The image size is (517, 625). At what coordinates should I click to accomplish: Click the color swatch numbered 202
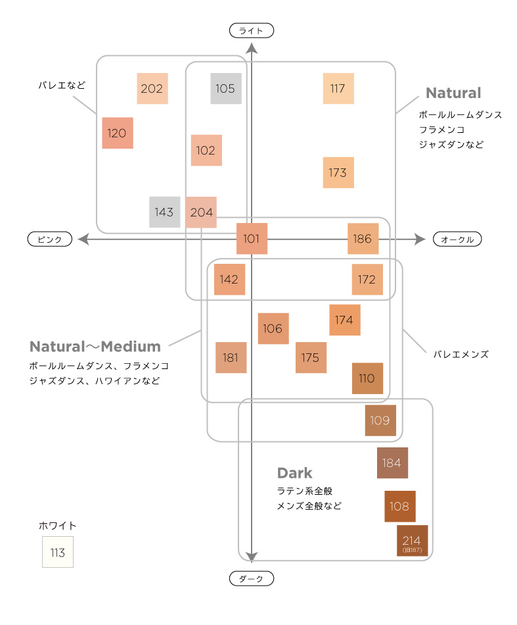[x=152, y=89]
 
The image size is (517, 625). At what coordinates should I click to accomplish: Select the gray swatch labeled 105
[x=226, y=89]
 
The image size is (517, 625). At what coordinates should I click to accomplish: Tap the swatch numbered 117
[x=338, y=89]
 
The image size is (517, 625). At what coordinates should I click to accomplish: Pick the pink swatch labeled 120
[x=118, y=133]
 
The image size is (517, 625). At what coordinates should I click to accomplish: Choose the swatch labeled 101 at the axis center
[x=252, y=239]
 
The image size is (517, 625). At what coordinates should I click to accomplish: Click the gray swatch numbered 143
[x=165, y=212]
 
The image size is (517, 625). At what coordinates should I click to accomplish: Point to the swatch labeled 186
[x=363, y=239]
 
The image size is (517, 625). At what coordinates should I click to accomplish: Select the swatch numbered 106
[x=273, y=328]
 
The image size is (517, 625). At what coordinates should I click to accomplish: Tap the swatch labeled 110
[x=367, y=378]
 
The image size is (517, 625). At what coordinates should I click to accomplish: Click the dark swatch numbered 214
[x=412, y=541]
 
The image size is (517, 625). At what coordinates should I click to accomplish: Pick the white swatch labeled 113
[x=58, y=553]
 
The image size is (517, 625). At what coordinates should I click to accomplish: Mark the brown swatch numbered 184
[x=392, y=463]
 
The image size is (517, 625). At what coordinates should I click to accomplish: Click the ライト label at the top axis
[x=251, y=30]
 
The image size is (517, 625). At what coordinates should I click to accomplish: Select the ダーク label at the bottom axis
[x=251, y=579]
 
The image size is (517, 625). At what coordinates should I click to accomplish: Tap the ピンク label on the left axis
[x=49, y=239]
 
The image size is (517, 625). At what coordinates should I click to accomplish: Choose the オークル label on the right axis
[x=457, y=239]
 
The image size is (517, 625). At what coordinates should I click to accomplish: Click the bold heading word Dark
[x=295, y=473]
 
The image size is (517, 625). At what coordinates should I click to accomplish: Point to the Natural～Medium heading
[x=95, y=347]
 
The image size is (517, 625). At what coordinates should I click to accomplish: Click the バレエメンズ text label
[x=461, y=354]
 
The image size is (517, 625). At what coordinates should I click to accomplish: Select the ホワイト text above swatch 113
[x=58, y=526]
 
